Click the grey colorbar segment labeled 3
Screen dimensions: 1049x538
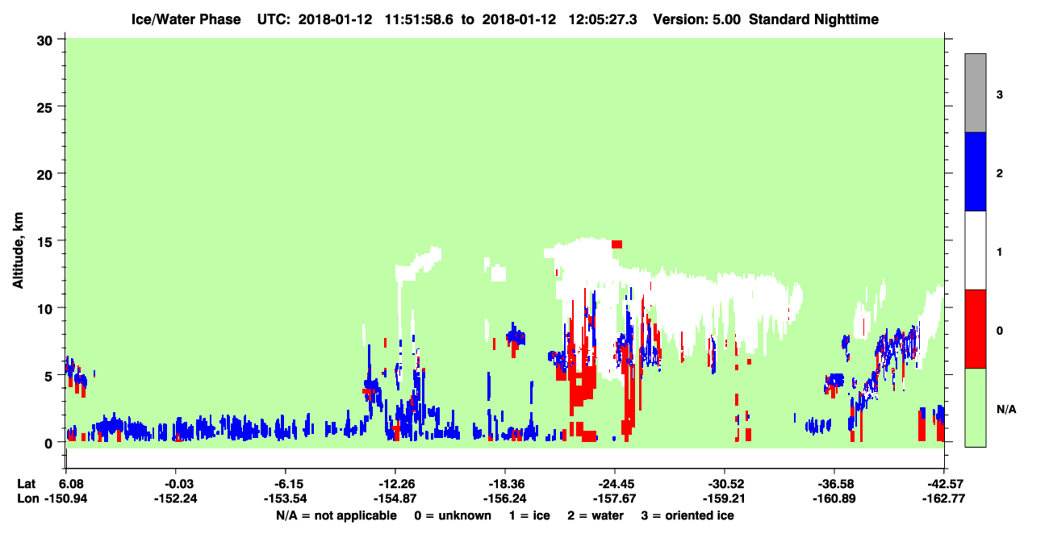click(x=975, y=93)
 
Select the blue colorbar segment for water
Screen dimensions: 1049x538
click(x=975, y=171)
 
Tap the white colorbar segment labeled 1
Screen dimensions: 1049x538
click(x=975, y=251)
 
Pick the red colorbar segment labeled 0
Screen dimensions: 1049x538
click(x=975, y=329)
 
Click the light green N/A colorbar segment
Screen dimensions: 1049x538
click(x=975, y=408)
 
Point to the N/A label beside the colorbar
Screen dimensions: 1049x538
click(x=1006, y=410)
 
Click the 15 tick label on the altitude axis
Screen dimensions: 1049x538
click(x=44, y=241)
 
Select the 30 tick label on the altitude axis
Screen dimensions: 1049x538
click(x=44, y=41)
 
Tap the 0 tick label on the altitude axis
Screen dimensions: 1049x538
click(x=48, y=444)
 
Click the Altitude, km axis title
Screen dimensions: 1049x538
click(x=18, y=251)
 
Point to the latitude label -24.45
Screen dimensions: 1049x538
click(x=616, y=484)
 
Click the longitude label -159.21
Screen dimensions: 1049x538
click(x=725, y=498)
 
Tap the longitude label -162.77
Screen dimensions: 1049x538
click(x=943, y=498)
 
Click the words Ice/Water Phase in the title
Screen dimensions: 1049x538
click(x=186, y=19)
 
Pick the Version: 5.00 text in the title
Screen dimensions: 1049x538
click(x=697, y=19)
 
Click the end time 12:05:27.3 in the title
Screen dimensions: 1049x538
click(x=603, y=19)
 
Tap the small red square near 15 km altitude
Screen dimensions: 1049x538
click(x=616, y=244)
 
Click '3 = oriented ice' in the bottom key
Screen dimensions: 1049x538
click(x=687, y=515)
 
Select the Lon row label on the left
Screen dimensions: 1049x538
click(x=28, y=498)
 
